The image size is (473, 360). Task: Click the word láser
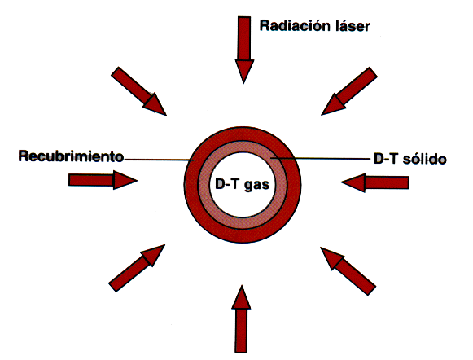click(353, 25)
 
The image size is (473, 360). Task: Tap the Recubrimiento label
click(71, 156)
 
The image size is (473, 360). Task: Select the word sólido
click(424, 159)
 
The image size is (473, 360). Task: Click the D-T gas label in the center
click(243, 184)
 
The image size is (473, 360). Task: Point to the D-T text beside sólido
click(386, 159)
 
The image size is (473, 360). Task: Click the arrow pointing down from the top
click(244, 50)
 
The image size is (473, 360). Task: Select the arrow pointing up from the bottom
click(241, 318)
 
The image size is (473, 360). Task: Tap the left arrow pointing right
click(103, 180)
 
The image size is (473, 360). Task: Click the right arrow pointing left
click(375, 182)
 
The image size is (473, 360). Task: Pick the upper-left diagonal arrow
click(138, 91)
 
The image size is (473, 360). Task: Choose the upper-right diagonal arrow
click(349, 91)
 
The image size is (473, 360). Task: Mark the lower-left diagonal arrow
click(137, 268)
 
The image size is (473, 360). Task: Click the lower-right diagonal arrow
click(348, 271)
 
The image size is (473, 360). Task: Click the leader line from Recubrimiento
click(159, 160)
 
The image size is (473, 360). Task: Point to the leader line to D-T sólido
click(321, 158)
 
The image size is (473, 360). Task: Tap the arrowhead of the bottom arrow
click(241, 297)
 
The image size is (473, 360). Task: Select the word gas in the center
click(256, 185)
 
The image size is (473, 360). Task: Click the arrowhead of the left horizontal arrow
click(125, 180)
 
